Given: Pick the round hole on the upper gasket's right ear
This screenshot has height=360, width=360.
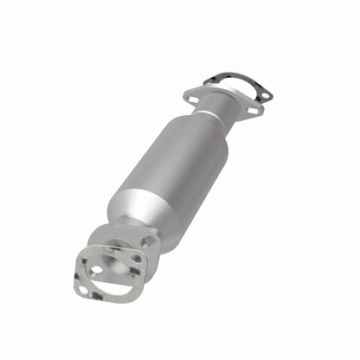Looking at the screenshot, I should [x=266, y=94].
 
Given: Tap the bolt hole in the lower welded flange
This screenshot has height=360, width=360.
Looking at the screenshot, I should [x=137, y=258].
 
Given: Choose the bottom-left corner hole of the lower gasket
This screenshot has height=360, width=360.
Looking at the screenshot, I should [x=84, y=289].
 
